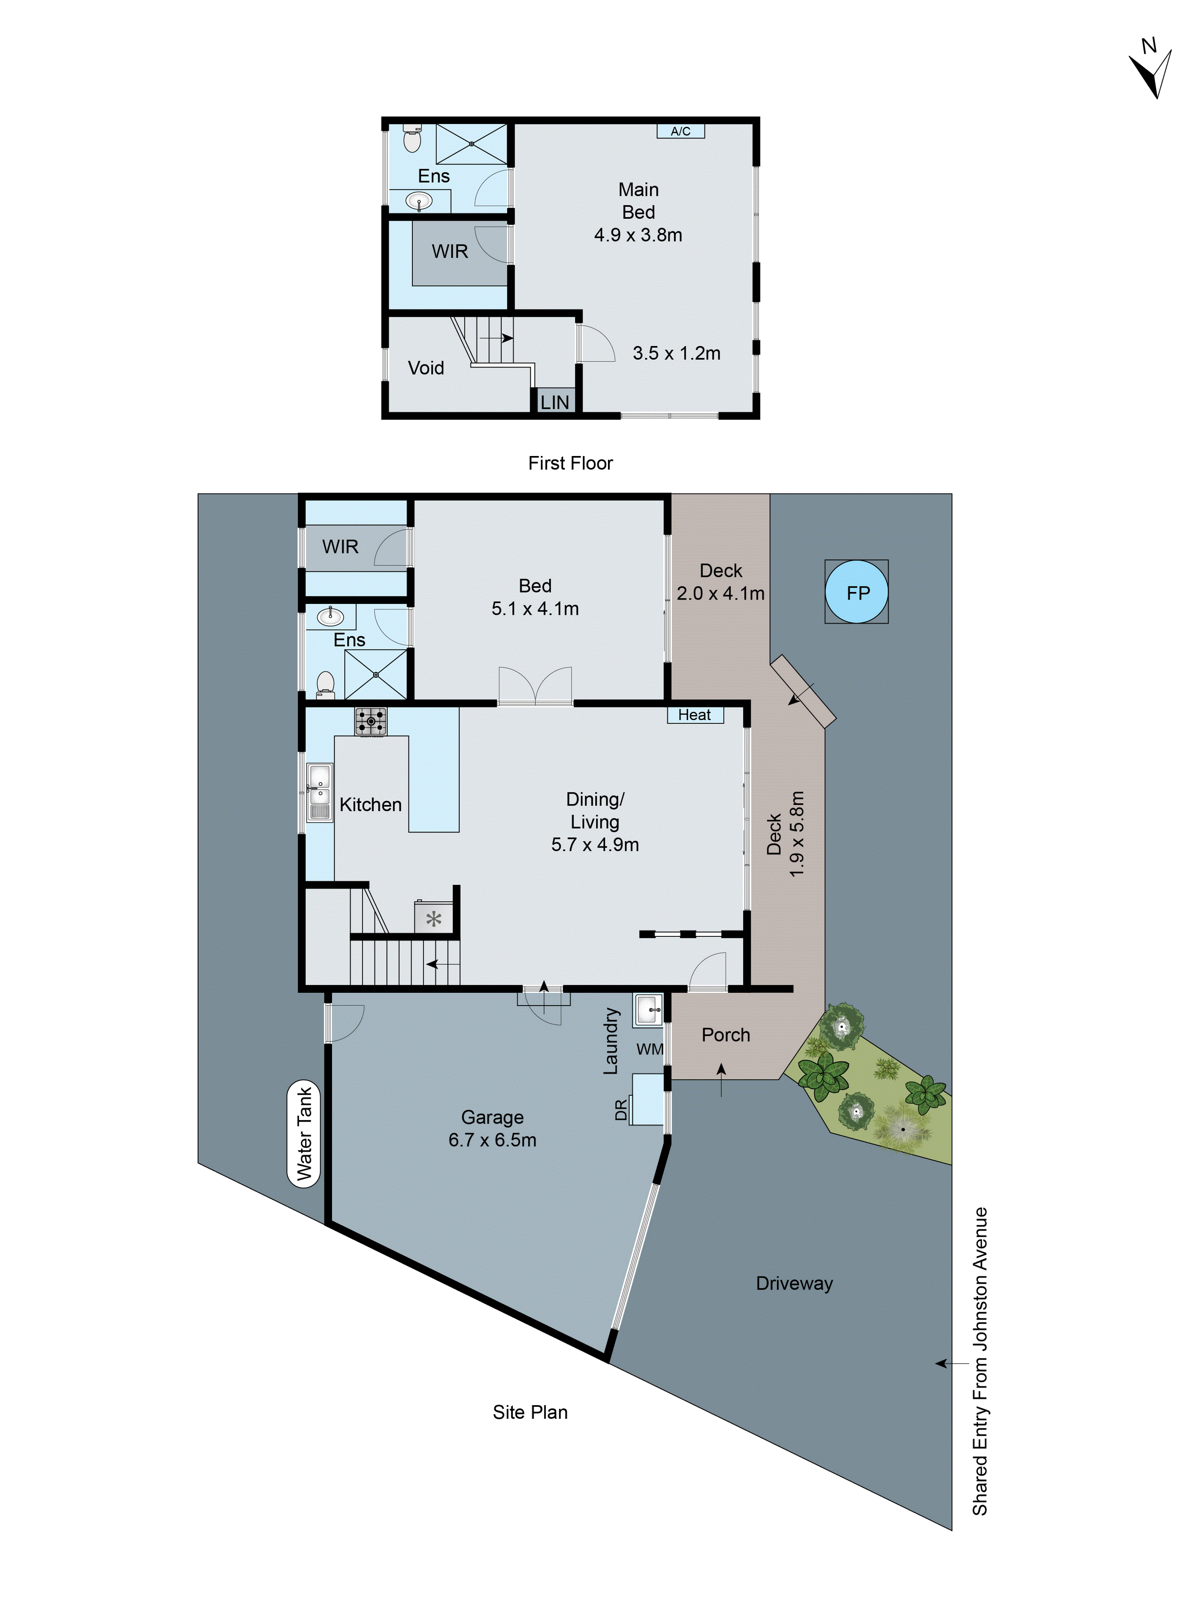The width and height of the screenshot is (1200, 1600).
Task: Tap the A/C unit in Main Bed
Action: (680, 131)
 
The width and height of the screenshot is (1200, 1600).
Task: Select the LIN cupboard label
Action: (555, 402)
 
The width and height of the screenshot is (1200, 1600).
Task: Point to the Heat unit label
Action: (694, 715)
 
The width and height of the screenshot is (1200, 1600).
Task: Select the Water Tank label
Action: (304, 1134)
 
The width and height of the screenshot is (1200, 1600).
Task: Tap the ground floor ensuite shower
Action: (376, 674)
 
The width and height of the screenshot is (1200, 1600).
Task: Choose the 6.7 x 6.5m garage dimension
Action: (492, 1140)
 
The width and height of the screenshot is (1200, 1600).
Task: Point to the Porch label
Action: (726, 1035)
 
